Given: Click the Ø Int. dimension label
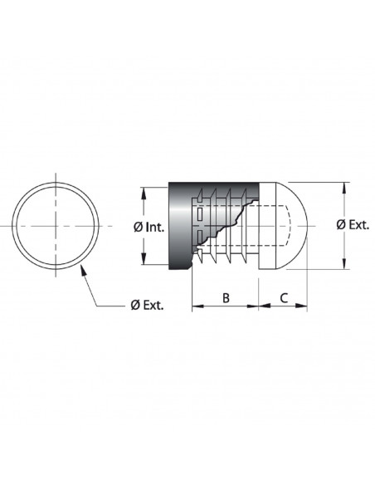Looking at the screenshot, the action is pos(149,228).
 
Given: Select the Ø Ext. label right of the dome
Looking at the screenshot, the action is pos(353,224).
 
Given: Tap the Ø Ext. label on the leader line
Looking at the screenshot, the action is pos(147,306).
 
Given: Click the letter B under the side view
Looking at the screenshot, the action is pos(226,298).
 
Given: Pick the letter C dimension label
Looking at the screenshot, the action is pos(284,298).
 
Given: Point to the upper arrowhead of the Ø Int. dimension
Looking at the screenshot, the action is pos(144,193).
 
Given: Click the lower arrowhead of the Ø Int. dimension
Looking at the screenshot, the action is pos(144,259).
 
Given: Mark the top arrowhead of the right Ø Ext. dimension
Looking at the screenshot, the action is pos(344,189).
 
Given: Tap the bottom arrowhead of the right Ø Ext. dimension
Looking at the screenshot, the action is pos(344,263).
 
